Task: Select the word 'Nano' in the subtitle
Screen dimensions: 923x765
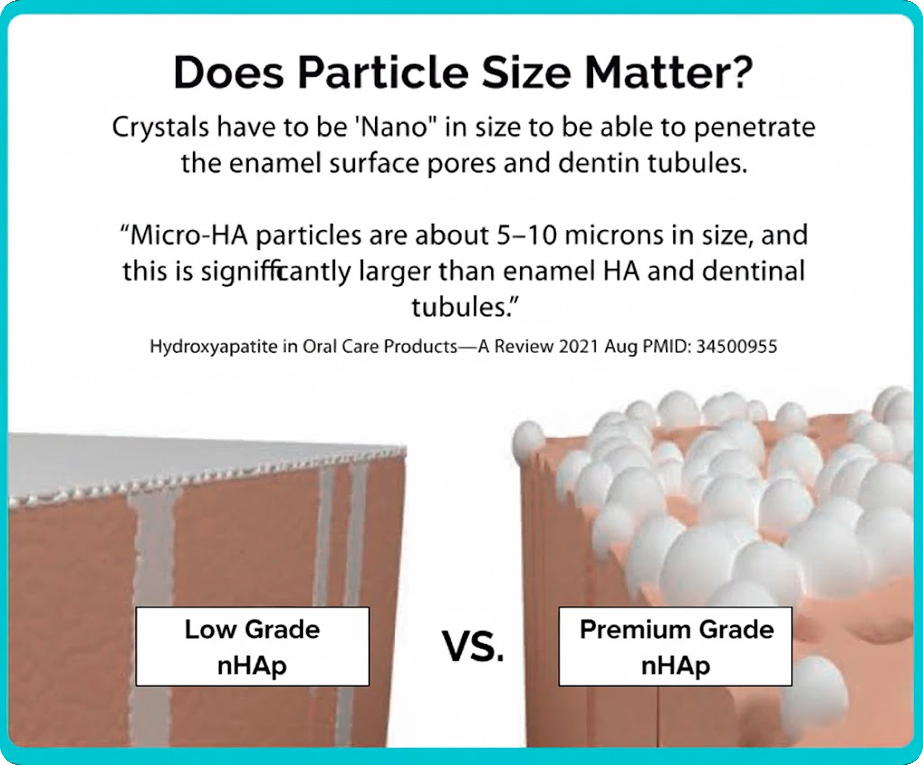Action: pos(394,127)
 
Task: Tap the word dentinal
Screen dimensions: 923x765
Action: pos(753,271)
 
